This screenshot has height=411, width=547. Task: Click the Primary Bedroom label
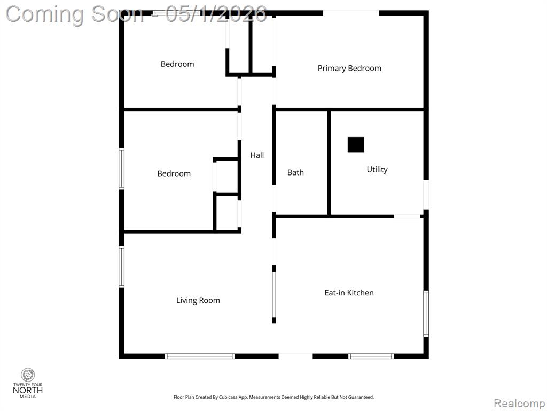pyautogui.click(x=349, y=68)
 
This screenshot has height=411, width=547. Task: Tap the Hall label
pyautogui.click(x=257, y=155)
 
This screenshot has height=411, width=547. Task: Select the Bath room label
pyautogui.click(x=295, y=172)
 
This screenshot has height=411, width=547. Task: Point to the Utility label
pyautogui.click(x=377, y=170)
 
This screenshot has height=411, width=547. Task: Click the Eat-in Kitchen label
pyautogui.click(x=349, y=293)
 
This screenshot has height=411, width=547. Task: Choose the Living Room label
pyautogui.click(x=198, y=301)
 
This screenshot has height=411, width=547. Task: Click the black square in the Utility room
pyautogui.click(x=356, y=144)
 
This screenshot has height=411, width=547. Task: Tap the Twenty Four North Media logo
pyautogui.click(x=28, y=383)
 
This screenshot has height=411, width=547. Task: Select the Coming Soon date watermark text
pyautogui.click(x=136, y=14)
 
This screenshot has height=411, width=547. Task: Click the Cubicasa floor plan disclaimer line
pyautogui.click(x=273, y=397)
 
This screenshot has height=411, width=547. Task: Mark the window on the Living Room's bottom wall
pyautogui.click(x=200, y=356)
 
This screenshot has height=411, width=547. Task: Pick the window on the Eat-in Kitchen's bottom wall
pyautogui.click(x=371, y=356)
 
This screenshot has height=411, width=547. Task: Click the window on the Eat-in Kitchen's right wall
pyautogui.click(x=426, y=314)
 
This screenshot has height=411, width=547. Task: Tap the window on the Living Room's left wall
pyautogui.click(x=121, y=267)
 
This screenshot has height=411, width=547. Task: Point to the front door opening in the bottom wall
pyautogui.click(x=295, y=356)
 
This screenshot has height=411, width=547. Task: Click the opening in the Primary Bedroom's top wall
pyautogui.click(x=351, y=13)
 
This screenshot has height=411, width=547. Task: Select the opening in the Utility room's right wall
pyautogui.click(x=426, y=194)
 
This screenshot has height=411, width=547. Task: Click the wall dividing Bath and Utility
pyautogui.click(x=329, y=163)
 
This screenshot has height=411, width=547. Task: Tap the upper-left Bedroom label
pyautogui.click(x=177, y=64)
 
